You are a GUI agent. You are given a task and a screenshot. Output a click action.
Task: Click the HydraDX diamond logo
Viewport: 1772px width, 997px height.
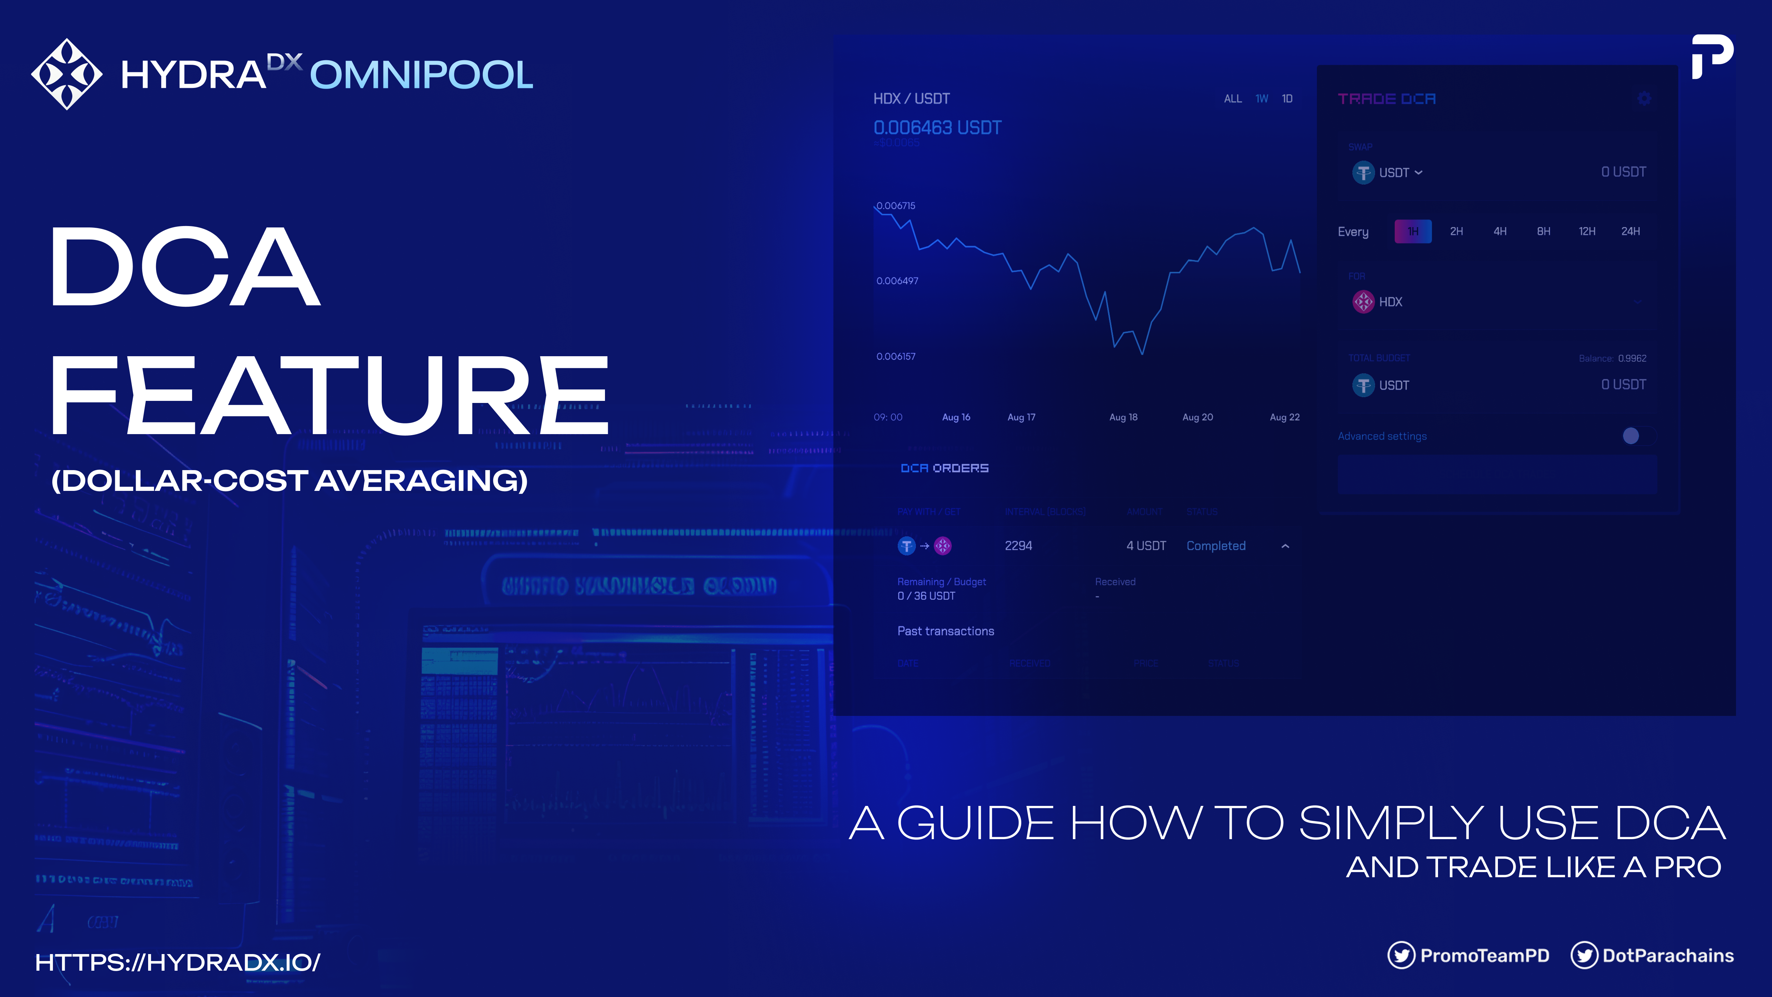pos(67,74)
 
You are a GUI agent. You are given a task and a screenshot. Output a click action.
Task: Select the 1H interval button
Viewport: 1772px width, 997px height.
pos(1413,231)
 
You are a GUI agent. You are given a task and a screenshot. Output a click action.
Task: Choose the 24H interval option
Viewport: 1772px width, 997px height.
pos(1630,231)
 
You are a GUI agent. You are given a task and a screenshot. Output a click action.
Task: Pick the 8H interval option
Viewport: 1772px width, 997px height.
pos(1544,231)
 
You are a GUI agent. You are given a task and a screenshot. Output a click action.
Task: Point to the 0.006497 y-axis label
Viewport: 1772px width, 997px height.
pos(897,281)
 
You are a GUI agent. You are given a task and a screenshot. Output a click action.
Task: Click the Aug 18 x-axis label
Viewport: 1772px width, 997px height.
pos(1123,417)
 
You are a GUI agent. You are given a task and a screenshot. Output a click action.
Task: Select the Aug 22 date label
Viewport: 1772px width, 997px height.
pos(1284,417)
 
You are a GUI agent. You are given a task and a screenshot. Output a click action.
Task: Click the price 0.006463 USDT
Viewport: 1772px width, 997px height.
pos(937,128)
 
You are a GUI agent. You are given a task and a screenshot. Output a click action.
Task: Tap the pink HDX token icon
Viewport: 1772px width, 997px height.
pos(1363,302)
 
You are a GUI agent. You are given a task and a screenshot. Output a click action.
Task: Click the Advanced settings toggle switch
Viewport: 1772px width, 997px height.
pos(1637,435)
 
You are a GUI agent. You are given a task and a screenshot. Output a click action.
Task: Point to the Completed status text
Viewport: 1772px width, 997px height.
pos(1215,546)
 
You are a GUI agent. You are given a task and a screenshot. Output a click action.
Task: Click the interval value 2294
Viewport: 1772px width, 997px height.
pos(1018,546)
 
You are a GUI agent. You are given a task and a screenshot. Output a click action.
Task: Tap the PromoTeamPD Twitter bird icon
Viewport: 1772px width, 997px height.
pos(1401,955)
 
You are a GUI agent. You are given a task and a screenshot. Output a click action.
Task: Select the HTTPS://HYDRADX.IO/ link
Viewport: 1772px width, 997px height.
pos(178,962)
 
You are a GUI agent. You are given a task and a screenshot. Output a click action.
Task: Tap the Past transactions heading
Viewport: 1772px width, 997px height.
pos(945,631)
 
